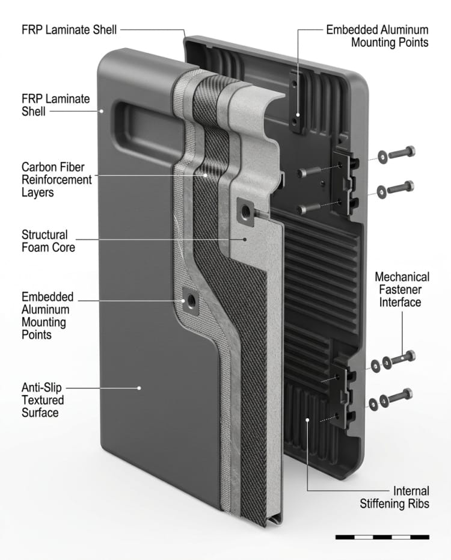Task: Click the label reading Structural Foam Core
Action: click(48, 241)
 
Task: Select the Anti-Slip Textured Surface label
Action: click(43, 400)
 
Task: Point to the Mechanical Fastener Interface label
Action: click(402, 289)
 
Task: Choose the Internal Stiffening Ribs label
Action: click(394, 497)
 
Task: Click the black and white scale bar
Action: click(382, 536)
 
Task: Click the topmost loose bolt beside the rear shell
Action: click(402, 153)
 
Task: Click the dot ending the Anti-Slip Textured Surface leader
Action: click(140, 388)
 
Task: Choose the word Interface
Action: click(402, 301)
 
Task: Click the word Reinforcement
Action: click(57, 179)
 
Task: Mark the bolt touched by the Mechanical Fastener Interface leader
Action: click(402, 358)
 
